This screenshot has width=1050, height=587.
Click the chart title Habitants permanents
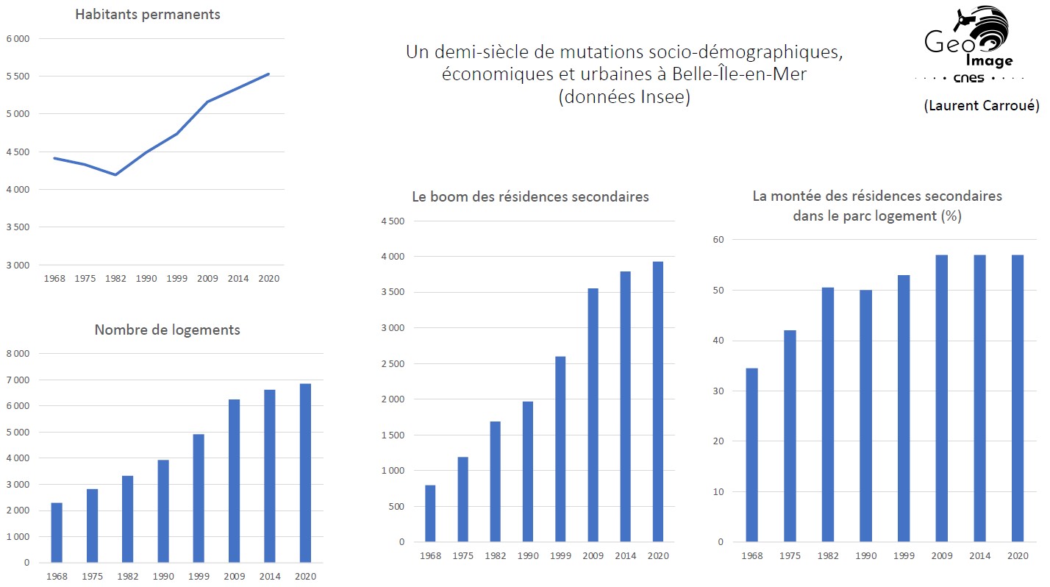(147, 15)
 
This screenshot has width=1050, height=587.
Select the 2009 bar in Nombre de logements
(235, 481)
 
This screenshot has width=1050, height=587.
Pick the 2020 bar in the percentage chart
(1017, 398)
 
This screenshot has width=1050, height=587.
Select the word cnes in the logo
(968, 78)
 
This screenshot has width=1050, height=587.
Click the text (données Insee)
(624, 97)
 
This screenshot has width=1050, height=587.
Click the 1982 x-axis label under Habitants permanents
(115, 279)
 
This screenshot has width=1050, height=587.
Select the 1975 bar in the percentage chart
(789, 436)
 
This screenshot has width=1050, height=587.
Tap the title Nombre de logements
(167, 330)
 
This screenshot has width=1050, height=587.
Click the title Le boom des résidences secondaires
(530, 197)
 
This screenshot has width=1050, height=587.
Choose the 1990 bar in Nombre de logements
(163, 511)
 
